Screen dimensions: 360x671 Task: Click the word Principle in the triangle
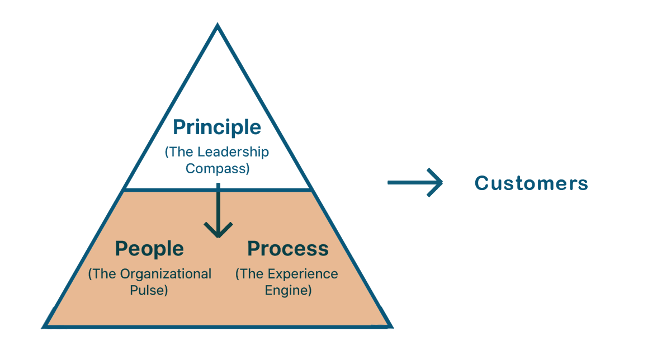[217, 128]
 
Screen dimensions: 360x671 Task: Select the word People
[149, 249]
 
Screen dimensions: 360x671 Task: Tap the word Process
[288, 249]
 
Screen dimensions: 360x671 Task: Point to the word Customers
[531, 183]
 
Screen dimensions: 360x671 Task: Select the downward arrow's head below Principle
[218, 229]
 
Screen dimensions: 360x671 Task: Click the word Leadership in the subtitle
[233, 152]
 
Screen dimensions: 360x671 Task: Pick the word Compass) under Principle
[218, 168]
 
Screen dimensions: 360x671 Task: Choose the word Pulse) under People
[150, 291]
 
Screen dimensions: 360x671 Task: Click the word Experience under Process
[303, 274]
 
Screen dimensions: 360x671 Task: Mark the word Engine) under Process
[288, 291]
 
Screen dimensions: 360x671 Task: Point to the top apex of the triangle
[218, 26]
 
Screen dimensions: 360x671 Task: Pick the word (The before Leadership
[178, 152]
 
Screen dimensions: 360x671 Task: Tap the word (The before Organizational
[101, 274]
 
